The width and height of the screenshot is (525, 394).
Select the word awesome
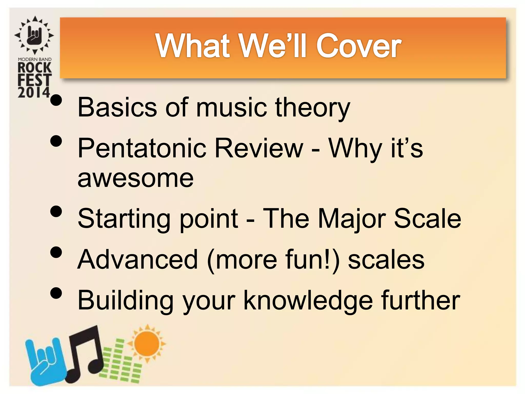(135, 179)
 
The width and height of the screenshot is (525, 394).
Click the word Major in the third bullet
(352, 219)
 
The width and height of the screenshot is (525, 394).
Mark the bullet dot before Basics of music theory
(56, 100)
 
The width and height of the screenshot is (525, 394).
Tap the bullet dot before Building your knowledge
(56, 293)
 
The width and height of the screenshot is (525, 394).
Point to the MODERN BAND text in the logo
(35, 59)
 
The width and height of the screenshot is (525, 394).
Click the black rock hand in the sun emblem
(35, 35)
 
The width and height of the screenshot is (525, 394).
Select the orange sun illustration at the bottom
(147, 343)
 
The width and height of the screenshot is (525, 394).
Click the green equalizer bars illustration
(120, 362)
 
